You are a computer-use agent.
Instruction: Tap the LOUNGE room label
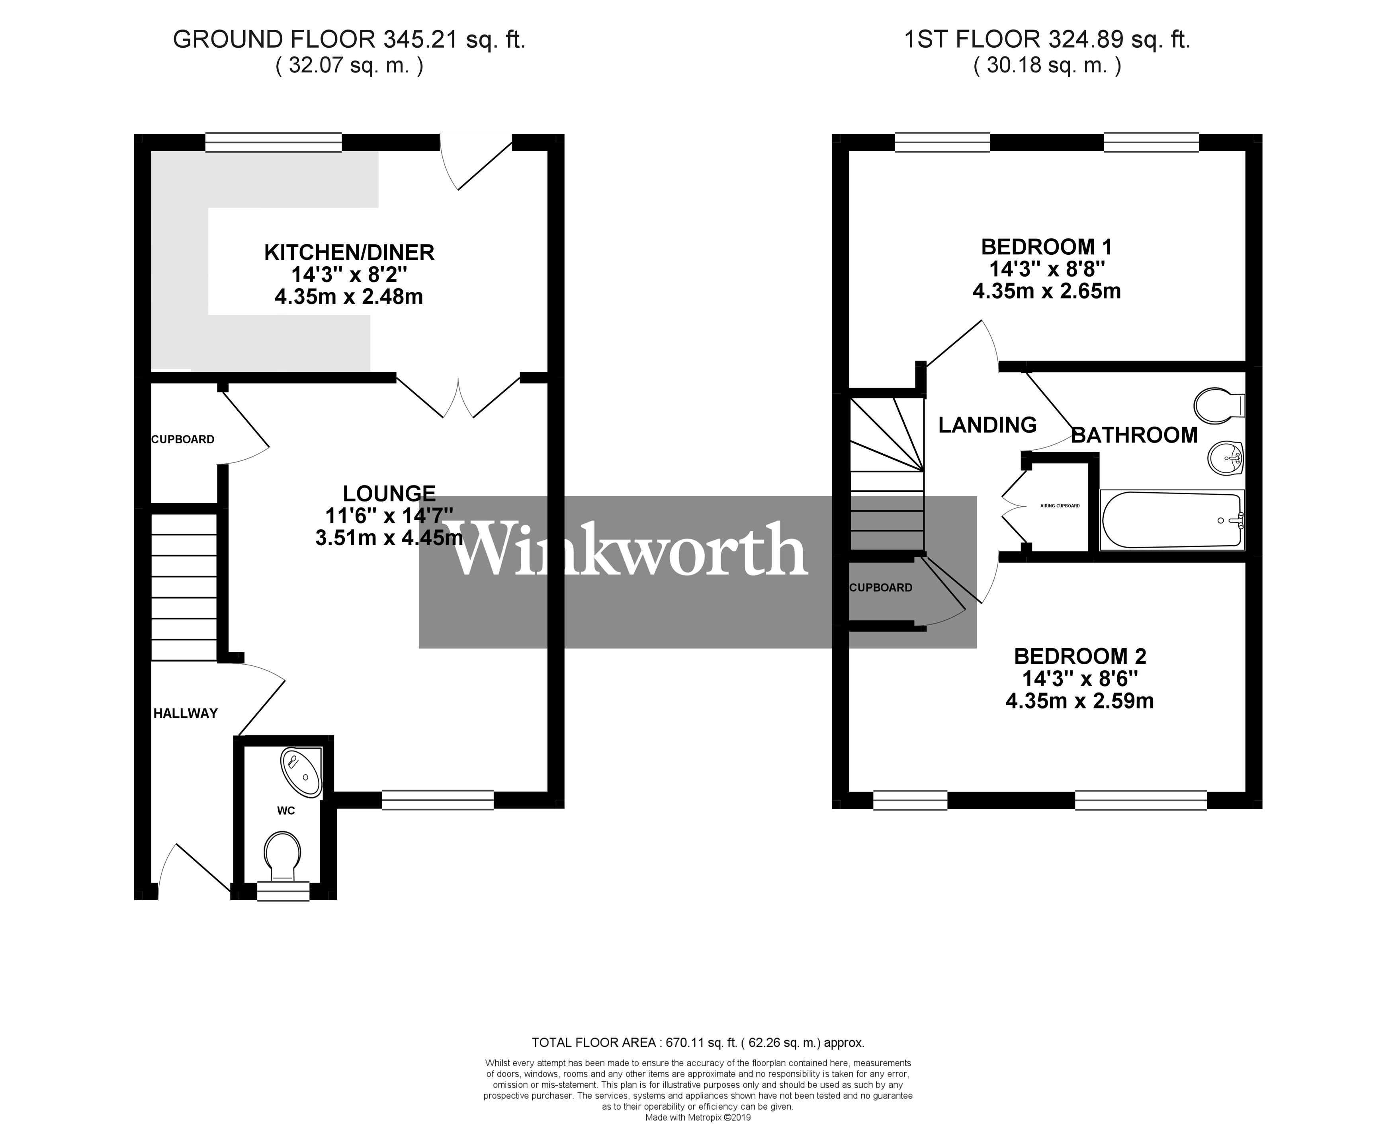click(389, 494)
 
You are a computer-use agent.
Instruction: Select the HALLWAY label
click(186, 713)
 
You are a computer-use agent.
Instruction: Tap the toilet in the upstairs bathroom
click(1216, 406)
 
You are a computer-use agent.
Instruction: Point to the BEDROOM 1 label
click(1046, 247)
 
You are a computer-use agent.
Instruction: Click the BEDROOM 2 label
click(1079, 656)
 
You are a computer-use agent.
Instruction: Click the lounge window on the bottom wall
click(438, 800)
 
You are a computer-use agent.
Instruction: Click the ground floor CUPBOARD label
click(183, 439)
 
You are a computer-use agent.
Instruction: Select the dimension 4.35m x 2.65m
click(1046, 291)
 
